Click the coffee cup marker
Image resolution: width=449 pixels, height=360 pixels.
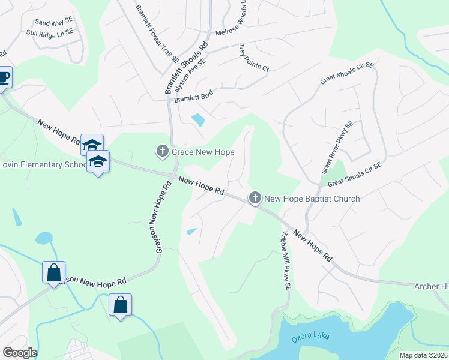tap(4, 78)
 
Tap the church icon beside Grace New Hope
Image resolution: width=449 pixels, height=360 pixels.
tap(162, 151)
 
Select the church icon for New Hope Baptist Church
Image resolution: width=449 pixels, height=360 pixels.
tap(255, 198)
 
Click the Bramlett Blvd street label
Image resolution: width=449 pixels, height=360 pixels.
tap(194, 96)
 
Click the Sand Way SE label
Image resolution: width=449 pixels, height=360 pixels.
tap(53, 22)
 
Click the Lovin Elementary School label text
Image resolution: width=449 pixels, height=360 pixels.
tap(43, 164)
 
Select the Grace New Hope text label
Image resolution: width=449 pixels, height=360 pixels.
tap(203, 152)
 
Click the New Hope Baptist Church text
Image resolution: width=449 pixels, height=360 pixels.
tap(312, 199)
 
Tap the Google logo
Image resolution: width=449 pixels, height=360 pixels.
tap(20, 353)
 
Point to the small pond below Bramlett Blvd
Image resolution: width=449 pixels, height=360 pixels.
tap(197, 120)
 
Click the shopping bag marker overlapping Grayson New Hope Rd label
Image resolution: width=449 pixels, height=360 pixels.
tap(54, 272)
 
